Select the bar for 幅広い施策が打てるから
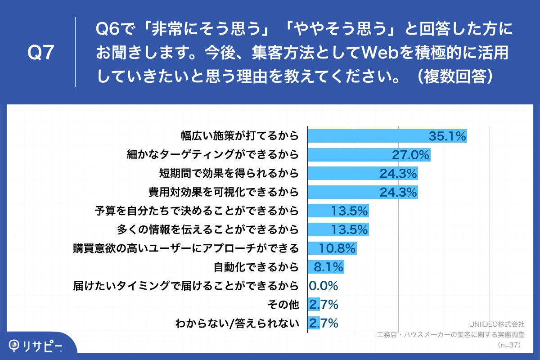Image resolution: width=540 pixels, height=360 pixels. (x=387, y=136)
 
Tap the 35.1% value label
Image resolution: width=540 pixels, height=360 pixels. (x=447, y=136)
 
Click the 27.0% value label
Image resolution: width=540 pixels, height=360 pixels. (x=410, y=155)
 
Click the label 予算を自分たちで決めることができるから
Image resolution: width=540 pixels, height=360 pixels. (x=197, y=211)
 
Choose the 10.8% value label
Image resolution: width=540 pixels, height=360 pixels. (x=337, y=248)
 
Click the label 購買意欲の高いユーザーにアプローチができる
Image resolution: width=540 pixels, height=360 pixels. (x=186, y=248)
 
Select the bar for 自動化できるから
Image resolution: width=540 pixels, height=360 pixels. (x=325, y=267)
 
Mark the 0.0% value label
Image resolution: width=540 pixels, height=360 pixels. (x=324, y=286)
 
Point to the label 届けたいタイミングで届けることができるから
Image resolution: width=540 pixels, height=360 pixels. (x=186, y=286)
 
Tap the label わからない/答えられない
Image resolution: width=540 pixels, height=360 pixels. (x=237, y=323)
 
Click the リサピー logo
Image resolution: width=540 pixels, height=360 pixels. (x=36, y=345)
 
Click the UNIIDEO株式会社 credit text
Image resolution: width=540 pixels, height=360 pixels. (x=496, y=324)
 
